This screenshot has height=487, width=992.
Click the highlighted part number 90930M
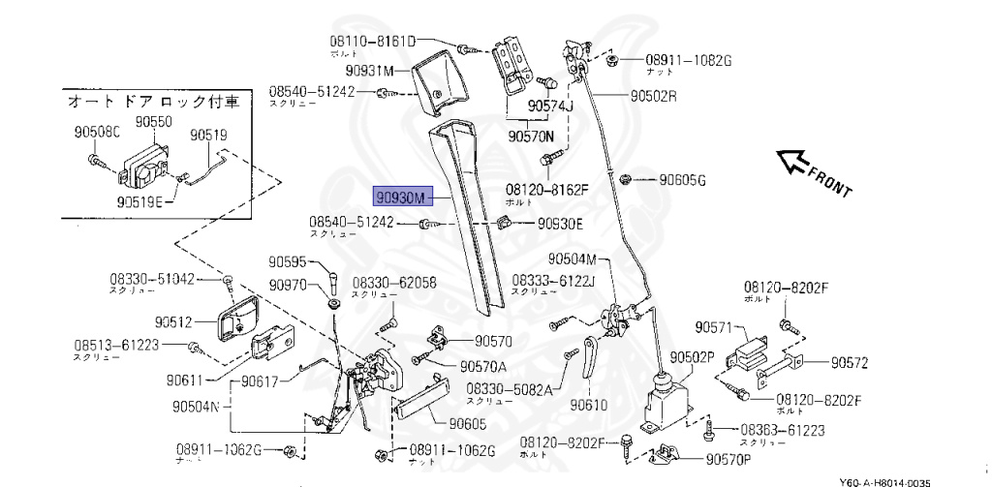(x=401, y=198)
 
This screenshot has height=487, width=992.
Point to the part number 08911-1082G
(x=688, y=60)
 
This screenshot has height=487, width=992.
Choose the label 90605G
(x=683, y=180)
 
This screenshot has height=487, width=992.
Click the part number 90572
(x=849, y=363)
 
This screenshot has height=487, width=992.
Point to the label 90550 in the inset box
(x=153, y=122)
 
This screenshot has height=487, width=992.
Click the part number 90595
(x=287, y=261)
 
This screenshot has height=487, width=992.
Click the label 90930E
(x=561, y=224)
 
